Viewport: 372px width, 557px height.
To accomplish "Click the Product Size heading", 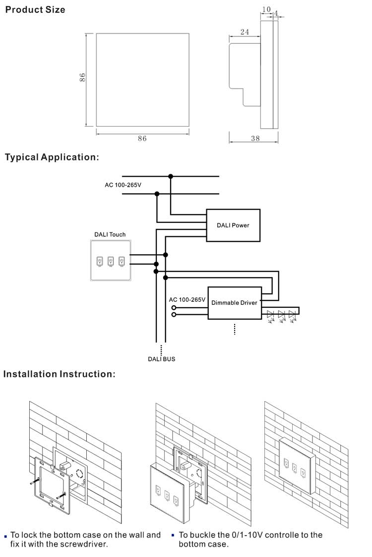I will [x=35, y=10].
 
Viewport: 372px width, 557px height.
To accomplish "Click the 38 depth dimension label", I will [x=255, y=139].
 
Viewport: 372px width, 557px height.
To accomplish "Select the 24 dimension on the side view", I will [x=245, y=32].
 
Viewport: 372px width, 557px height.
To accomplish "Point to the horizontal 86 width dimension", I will [x=142, y=139].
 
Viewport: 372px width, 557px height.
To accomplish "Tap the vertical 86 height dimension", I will [x=83, y=77].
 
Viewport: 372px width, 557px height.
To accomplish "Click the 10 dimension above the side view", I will [x=266, y=9].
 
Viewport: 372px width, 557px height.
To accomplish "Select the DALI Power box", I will [x=233, y=225].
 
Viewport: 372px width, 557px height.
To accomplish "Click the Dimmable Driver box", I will [x=234, y=303].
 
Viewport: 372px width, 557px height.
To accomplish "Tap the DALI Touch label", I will [x=110, y=234].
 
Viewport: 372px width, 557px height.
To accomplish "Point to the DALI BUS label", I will [x=162, y=359].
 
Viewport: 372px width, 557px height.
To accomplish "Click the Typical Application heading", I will [x=52, y=157].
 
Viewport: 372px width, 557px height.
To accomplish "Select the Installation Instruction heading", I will [x=59, y=374].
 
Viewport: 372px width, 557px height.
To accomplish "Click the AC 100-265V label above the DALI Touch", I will [x=123, y=185].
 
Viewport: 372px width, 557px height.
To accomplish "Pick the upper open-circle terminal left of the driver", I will [x=174, y=308].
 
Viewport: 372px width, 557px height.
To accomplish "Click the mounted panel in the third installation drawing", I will [x=297, y=466].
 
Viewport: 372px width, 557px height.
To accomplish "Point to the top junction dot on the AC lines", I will [x=171, y=176].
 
